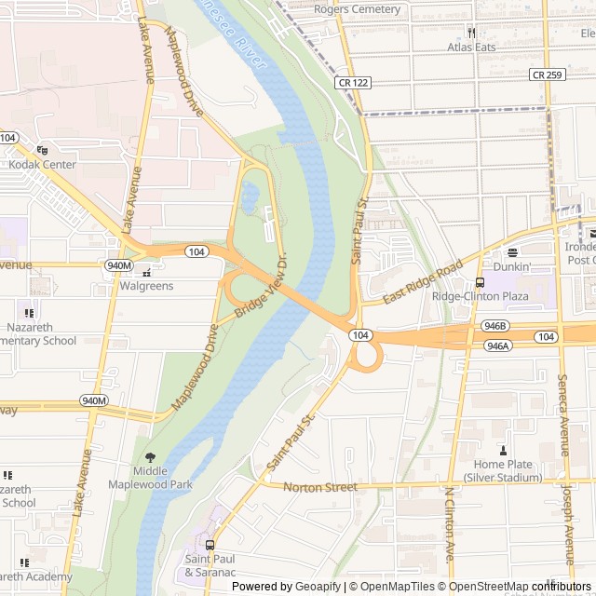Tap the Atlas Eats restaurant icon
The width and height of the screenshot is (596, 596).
[471, 32]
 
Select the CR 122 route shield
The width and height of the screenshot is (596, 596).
[353, 83]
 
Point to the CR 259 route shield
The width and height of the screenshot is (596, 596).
[548, 74]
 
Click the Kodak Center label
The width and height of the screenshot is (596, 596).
[42, 165]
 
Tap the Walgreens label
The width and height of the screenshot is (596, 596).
[145, 286]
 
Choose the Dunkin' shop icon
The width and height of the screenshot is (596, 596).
[511, 252]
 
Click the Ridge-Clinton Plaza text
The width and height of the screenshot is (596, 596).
[480, 297]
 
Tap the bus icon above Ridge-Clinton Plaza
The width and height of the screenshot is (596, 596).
[480, 283]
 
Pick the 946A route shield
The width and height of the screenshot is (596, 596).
[497, 345]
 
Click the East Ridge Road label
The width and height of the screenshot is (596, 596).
[422, 281]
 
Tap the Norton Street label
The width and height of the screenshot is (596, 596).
[319, 487]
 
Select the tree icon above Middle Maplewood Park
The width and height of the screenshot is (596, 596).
[150, 456]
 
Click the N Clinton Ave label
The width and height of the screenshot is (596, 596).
[449, 535]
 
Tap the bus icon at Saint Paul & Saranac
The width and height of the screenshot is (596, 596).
[210, 546]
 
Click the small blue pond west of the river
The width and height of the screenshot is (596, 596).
[249, 196]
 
